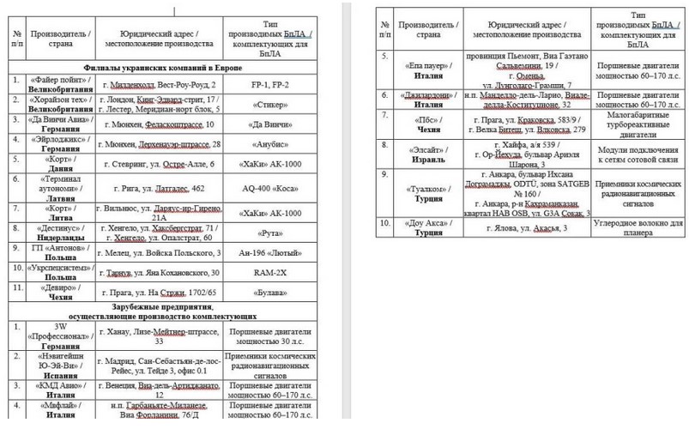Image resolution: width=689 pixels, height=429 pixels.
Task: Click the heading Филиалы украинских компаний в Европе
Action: (162, 67)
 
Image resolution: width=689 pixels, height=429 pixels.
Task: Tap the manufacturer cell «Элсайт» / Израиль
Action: (420, 152)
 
